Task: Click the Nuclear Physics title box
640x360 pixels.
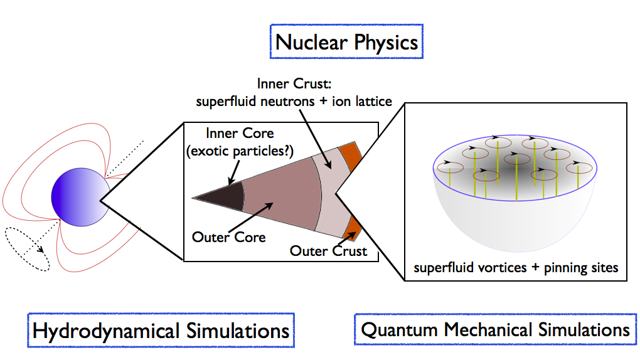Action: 346,42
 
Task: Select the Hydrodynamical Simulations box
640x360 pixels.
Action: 161,330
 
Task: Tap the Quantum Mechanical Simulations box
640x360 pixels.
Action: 495,329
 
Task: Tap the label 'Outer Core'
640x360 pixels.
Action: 230,237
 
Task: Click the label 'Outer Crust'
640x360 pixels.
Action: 328,251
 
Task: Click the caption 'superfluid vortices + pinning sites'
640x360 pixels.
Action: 516,268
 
